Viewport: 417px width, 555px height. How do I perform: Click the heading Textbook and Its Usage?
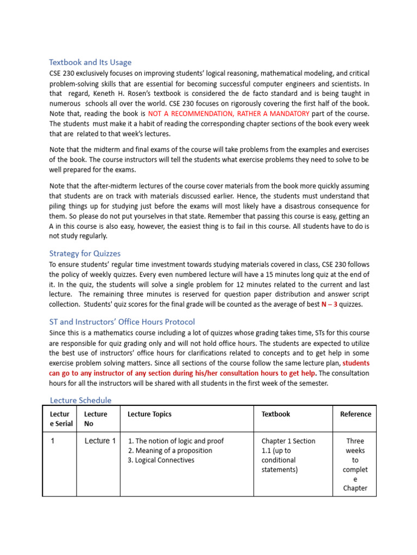point(90,62)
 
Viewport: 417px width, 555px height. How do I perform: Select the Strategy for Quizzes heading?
point(85,253)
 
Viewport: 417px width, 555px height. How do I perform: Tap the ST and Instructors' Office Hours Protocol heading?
point(122,321)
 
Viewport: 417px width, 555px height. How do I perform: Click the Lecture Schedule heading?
point(80,400)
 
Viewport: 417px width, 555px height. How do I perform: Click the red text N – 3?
point(330,304)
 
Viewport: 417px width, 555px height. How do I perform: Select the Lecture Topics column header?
point(149,414)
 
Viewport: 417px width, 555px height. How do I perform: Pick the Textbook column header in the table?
point(276,414)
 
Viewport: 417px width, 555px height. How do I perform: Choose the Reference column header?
point(356,414)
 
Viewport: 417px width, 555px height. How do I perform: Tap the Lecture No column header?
point(96,418)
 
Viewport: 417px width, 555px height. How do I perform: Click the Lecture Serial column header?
point(61,418)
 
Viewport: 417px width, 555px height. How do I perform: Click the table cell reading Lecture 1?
point(100,441)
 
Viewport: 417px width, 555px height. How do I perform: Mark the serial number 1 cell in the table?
point(53,441)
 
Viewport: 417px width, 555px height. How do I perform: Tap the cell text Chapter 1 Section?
point(288,441)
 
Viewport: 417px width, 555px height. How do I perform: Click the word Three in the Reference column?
point(355,441)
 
